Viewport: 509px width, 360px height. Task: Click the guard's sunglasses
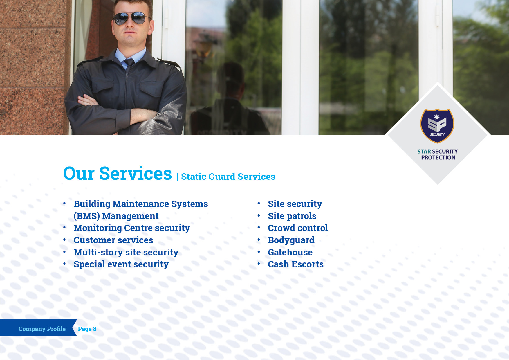click(x=132, y=18)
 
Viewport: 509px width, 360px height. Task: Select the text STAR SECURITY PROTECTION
click(x=438, y=154)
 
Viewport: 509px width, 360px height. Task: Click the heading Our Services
click(x=118, y=173)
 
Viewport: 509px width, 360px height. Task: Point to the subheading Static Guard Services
click(x=228, y=177)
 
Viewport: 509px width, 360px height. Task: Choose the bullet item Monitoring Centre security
click(x=132, y=228)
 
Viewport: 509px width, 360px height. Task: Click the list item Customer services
click(x=113, y=240)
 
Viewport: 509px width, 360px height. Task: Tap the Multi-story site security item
click(x=126, y=252)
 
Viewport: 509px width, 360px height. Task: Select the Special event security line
click(x=121, y=264)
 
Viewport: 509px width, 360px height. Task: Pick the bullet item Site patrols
click(x=292, y=216)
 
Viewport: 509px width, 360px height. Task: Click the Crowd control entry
click(x=298, y=228)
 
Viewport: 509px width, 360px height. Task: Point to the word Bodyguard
click(x=291, y=240)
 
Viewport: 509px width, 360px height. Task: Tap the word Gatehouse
click(x=290, y=252)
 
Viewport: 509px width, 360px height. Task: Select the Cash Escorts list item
click(x=295, y=264)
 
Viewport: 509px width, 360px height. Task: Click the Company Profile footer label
click(x=42, y=329)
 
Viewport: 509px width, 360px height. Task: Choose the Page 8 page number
click(x=87, y=329)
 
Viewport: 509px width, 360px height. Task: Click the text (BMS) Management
click(x=116, y=216)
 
